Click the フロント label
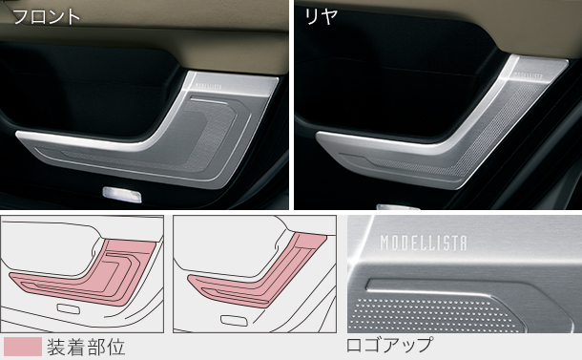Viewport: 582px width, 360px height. click(47, 17)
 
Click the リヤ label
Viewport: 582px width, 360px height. click(321, 17)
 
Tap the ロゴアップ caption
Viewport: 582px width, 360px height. click(389, 345)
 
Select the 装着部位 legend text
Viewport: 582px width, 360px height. click(86, 347)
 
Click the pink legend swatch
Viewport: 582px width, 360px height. click(22, 347)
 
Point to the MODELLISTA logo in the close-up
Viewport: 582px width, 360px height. click(424, 243)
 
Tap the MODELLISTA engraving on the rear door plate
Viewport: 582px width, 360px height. click(528, 74)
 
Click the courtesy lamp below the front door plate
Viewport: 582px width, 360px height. click(122, 195)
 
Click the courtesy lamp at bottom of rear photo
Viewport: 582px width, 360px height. click(398, 207)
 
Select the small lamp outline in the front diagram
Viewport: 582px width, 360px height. click(68, 308)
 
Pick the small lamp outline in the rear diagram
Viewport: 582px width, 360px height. click(233, 320)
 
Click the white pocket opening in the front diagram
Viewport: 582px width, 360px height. click(49, 249)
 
